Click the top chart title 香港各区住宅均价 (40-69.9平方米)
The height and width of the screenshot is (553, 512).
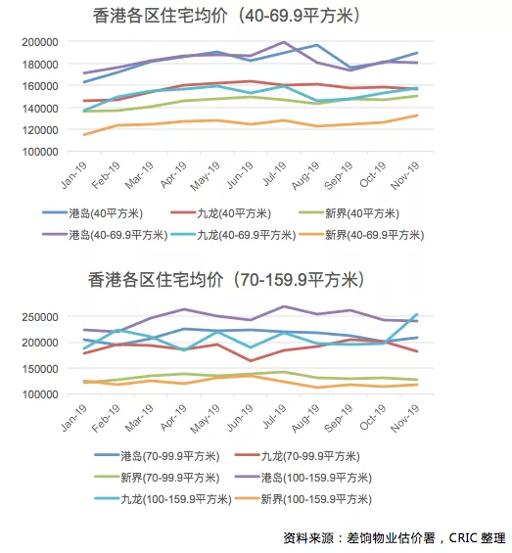point(226,16)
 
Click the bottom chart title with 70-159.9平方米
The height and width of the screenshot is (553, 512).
point(226,280)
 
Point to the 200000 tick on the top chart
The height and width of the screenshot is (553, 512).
point(40,42)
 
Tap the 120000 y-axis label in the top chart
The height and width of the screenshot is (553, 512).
point(40,130)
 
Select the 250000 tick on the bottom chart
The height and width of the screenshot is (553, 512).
point(40,317)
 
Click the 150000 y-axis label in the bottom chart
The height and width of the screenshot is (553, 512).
point(40,369)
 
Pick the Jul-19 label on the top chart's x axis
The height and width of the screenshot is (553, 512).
point(274,173)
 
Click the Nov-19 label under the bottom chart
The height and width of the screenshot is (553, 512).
point(405,418)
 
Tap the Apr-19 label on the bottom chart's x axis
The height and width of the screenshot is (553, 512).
point(173,418)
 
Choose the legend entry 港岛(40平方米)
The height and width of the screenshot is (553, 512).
point(92,213)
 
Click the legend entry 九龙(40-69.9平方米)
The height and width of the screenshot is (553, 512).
point(233,235)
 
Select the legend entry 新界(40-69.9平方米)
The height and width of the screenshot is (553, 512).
point(361,235)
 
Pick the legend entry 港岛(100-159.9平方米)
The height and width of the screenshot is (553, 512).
point(303,478)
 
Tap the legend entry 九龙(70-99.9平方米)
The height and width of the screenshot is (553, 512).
point(297,456)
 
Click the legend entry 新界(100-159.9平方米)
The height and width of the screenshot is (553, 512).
point(303,499)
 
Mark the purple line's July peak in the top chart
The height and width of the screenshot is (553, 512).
point(284,42)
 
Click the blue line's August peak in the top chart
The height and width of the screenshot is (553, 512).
point(317,45)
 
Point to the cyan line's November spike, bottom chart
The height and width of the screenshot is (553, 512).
point(417,314)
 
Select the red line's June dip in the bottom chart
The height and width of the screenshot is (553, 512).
point(251,361)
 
